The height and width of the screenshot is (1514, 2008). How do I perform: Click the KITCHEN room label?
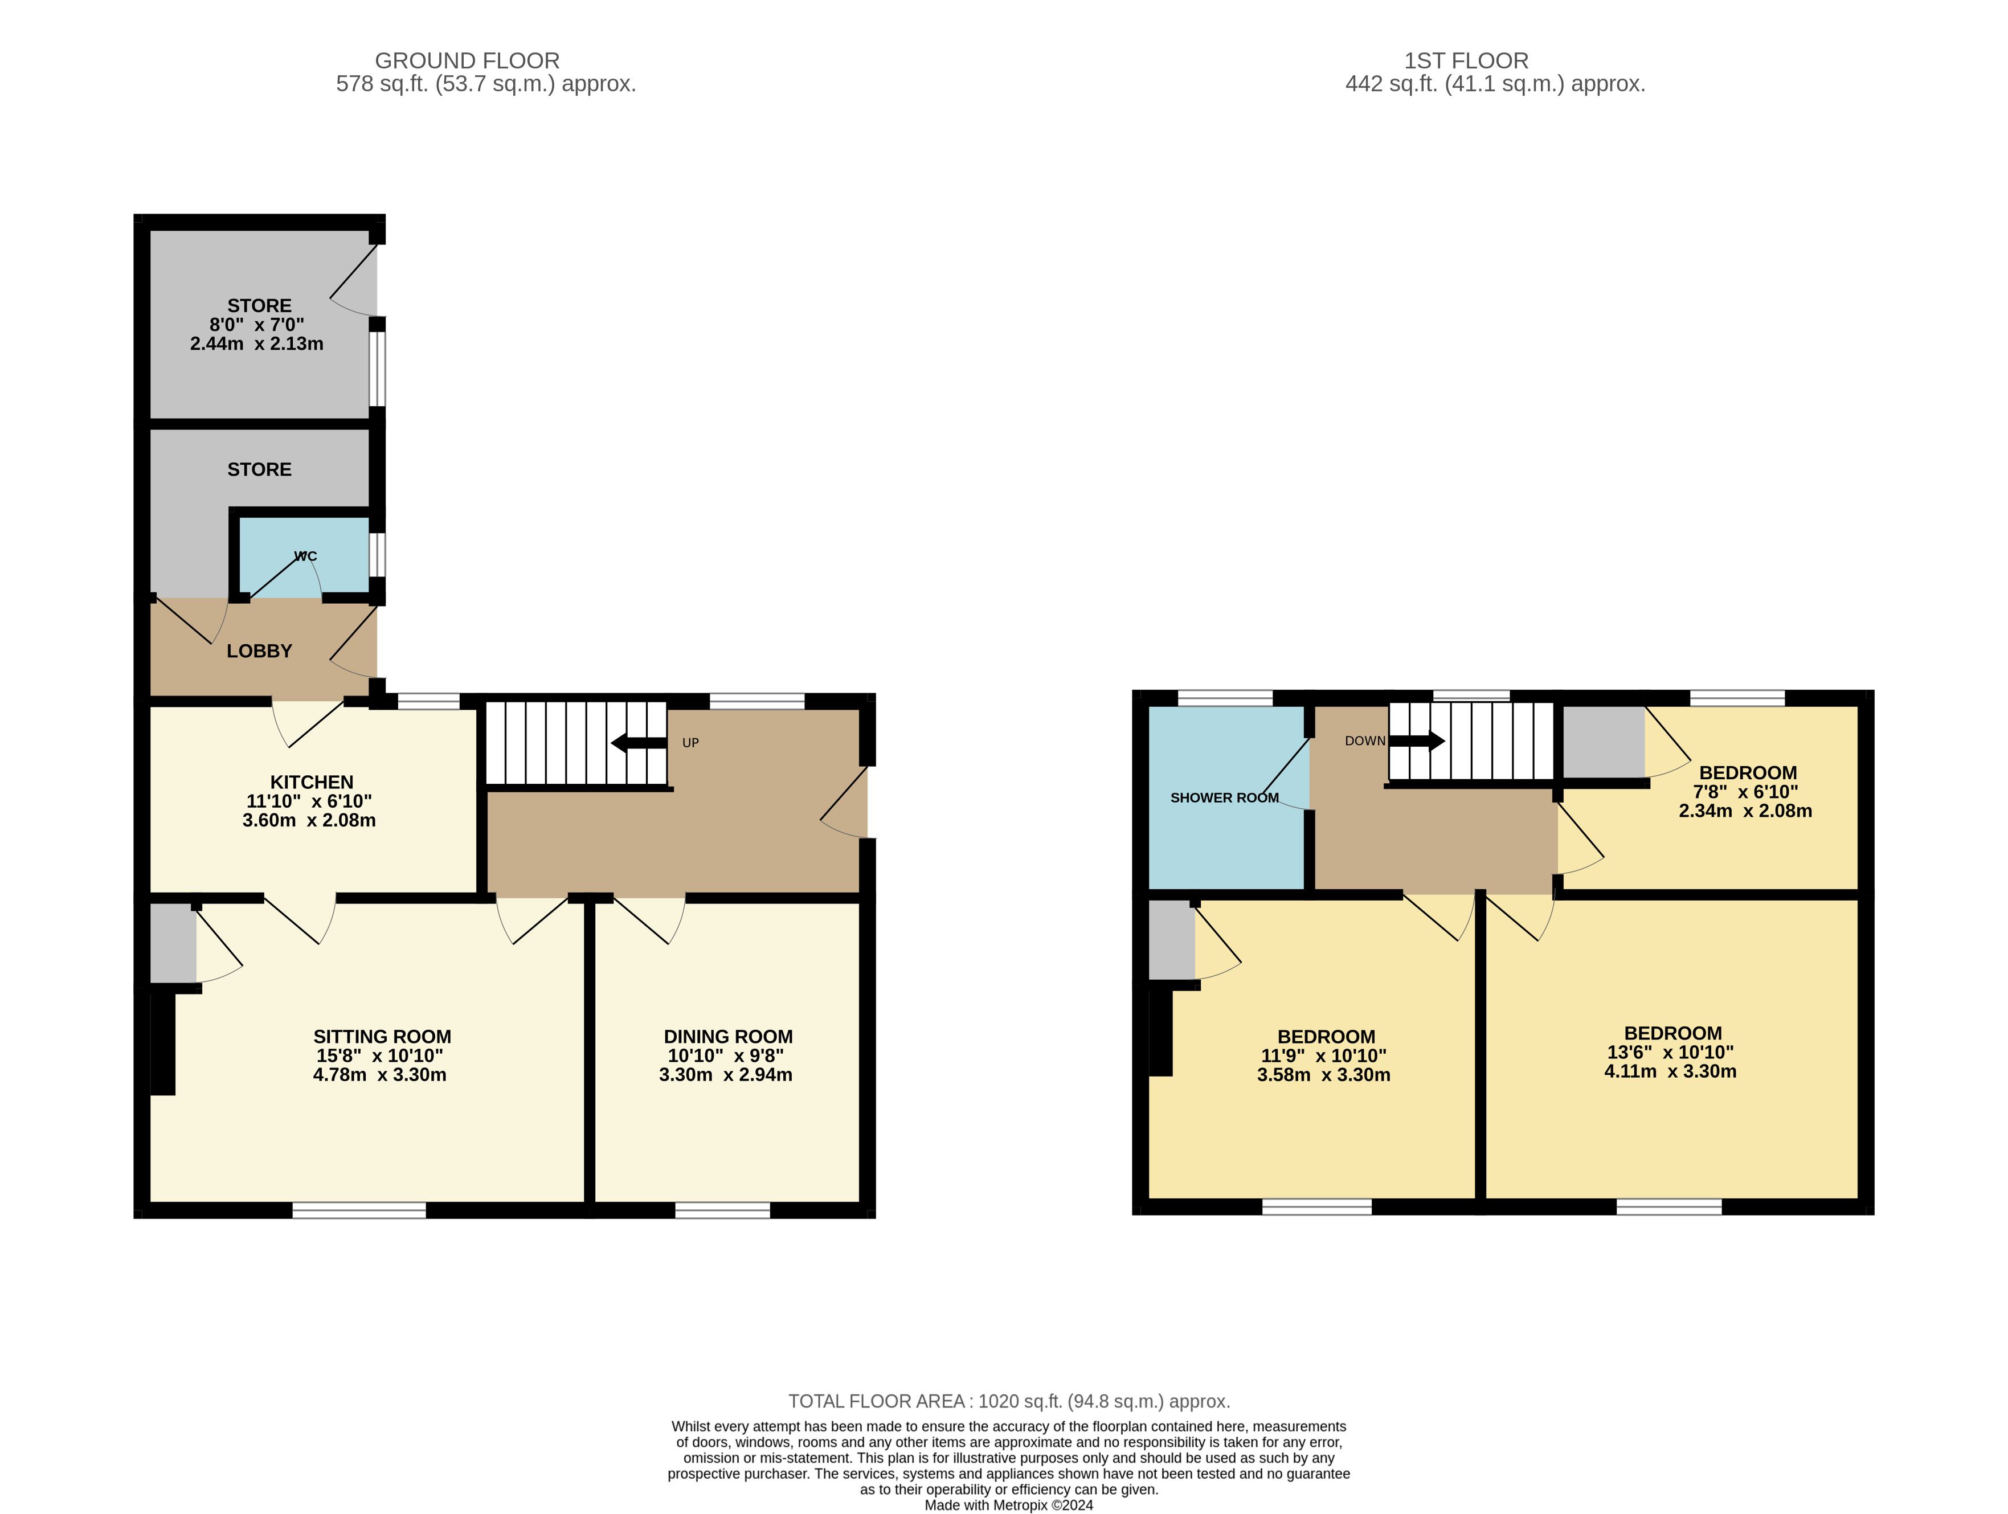click(312, 781)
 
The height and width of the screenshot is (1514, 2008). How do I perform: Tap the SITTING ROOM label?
click(382, 1037)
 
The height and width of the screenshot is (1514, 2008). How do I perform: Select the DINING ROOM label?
click(728, 1037)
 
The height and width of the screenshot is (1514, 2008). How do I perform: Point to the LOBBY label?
click(260, 651)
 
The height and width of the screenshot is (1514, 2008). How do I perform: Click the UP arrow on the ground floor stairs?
click(639, 743)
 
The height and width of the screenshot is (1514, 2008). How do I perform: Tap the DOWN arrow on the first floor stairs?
click(1417, 740)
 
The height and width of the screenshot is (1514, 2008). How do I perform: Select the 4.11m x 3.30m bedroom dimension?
click(1670, 1071)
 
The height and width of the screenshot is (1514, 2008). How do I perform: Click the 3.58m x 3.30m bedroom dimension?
click(1323, 1075)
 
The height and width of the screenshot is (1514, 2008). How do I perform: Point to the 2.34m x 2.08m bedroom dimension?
click(1745, 811)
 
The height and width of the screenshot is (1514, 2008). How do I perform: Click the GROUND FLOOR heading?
click(468, 61)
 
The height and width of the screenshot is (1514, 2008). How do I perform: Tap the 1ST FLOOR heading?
click(1466, 61)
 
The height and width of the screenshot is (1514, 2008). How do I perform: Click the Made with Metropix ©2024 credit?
click(1008, 1505)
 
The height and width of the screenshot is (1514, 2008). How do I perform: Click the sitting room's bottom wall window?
click(359, 1210)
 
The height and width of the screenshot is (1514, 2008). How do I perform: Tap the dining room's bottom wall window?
click(722, 1210)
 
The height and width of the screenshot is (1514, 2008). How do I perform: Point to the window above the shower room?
click(1225, 698)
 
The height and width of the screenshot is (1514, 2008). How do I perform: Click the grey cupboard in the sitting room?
click(173, 943)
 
